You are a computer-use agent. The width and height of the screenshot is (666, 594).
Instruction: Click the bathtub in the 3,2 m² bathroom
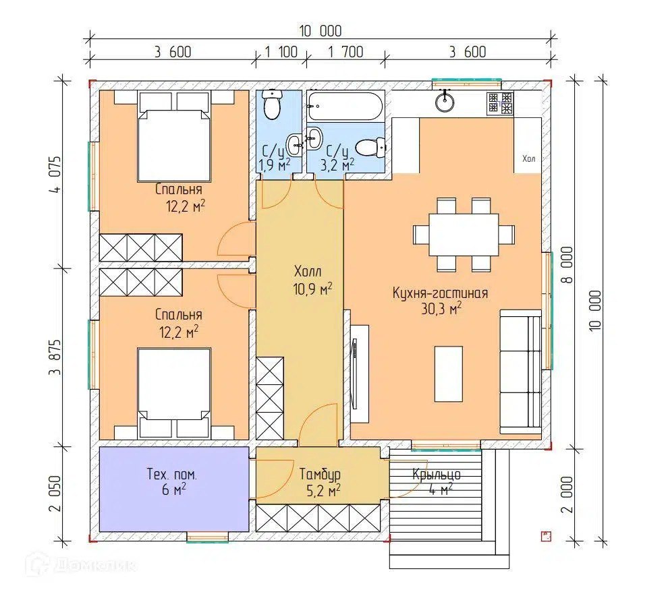point(345,106)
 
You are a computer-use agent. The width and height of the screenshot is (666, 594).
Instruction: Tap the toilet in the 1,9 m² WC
point(271,105)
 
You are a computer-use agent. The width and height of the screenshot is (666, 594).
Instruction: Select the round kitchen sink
point(445,102)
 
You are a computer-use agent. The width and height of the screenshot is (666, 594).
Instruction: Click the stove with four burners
point(501,103)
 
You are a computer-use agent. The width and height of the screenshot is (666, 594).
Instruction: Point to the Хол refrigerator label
point(528,158)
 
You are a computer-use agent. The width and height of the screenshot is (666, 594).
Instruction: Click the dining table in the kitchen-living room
point(464,235)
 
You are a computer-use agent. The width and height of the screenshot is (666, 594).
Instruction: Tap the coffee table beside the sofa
point(448,374)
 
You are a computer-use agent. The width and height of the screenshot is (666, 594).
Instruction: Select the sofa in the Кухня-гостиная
point(520,372)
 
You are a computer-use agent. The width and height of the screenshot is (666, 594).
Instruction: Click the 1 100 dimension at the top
point(281,52)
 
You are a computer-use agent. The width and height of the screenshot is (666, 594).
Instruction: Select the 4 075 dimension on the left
point(55,175)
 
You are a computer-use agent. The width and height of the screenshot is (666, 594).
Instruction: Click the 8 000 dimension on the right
point(567,265)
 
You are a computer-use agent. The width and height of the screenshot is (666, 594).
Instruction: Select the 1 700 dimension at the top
point(345,52)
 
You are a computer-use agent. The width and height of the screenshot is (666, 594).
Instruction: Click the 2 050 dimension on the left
point(55,494)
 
